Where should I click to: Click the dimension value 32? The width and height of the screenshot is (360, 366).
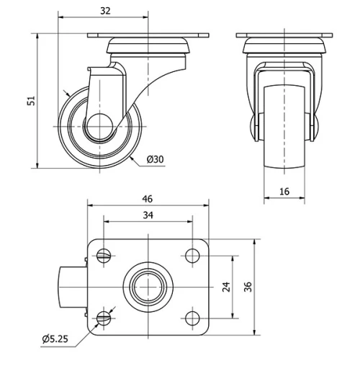coord(105,11)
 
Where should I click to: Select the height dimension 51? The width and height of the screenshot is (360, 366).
coord(30,101)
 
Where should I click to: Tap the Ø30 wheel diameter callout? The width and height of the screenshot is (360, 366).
coord(155,159)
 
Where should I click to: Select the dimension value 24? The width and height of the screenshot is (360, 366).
coord(226,286)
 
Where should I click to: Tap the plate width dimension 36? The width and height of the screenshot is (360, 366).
coord(248,286)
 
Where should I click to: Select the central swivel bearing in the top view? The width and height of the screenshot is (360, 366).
coord(148,286)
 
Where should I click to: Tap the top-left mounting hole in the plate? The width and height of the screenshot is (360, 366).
coord(105,254)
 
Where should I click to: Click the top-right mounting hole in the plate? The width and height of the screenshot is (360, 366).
coord(192,254)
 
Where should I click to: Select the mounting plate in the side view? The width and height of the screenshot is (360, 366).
coord(148,35)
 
